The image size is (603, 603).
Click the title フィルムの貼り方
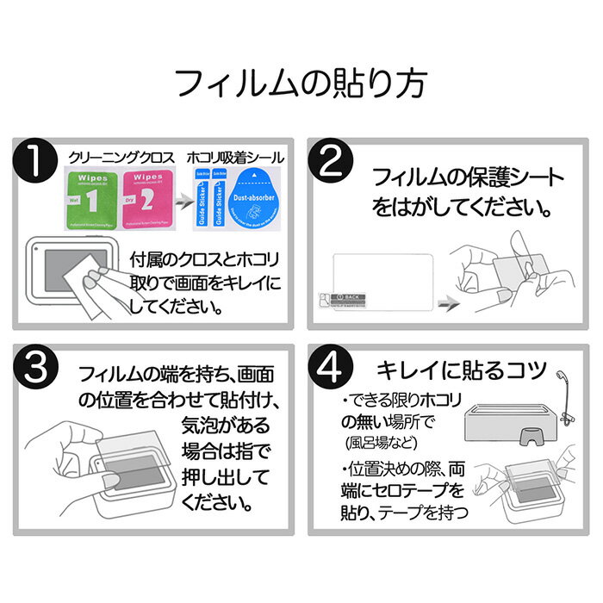coord(301,85)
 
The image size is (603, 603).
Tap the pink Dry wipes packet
coord(146,197)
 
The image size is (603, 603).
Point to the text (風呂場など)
coord(378,444)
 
